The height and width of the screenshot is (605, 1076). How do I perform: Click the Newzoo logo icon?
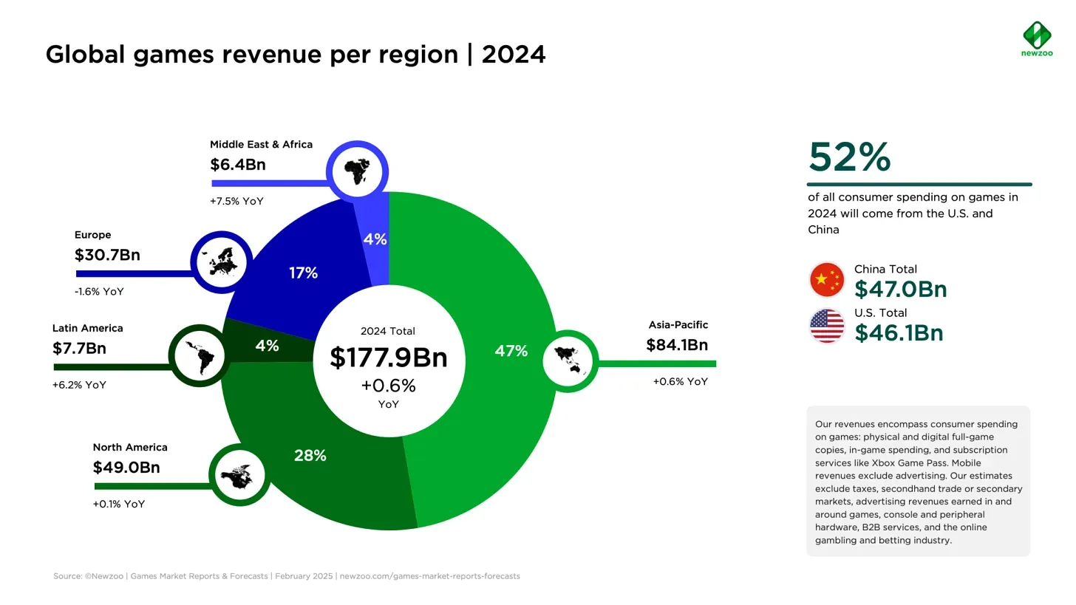[1037, 34]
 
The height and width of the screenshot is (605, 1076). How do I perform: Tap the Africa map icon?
[358, 171]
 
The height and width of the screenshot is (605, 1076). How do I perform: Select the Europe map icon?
[222, 262]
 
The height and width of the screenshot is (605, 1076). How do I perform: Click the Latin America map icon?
[200, 355]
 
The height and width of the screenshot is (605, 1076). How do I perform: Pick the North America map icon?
[239, 476]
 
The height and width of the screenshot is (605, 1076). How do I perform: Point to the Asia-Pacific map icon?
[569, 361]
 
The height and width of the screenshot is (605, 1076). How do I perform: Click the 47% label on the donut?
[511, 352]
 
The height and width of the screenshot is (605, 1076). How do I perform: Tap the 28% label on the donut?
[310, 456]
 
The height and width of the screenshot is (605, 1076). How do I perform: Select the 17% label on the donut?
[303, 273]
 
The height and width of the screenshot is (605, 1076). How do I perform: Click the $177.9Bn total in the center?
[389, 358]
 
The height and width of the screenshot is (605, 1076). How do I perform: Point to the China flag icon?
[827, 280]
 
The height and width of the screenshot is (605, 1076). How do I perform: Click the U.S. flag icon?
[827, 325]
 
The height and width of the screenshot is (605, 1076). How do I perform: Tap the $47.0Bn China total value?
[900, 289]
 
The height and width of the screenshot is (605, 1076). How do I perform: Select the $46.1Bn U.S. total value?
[899, 333]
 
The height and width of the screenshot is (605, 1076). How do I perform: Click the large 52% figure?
[850, 157]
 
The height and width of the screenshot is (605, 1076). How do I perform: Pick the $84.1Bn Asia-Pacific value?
[677, 345]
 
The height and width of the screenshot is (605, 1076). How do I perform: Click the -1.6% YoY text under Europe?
[99, 292]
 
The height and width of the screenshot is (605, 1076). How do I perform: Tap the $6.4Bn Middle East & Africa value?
[238, 165]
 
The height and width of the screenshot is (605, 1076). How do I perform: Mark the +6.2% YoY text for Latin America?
[79, 386]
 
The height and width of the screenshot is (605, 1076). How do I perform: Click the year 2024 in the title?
[514, 55]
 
